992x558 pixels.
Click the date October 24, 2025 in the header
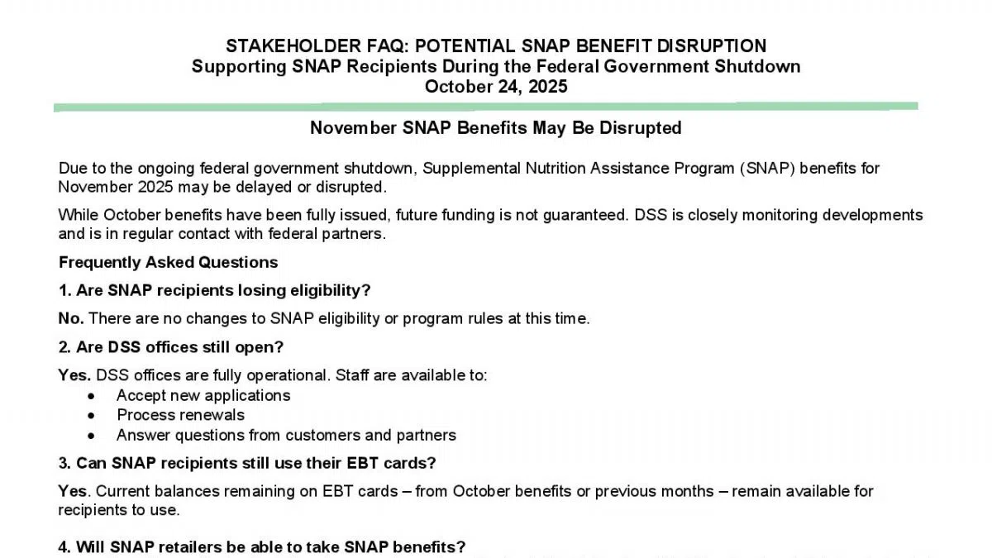coord(496,86)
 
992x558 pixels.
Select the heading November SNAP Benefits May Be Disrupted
coord(496,128)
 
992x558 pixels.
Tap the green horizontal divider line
coord(486,107)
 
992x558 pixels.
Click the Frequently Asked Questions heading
coord(168,262)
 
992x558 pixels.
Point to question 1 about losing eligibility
coord(214,290)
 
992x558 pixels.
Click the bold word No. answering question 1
coord(71,318)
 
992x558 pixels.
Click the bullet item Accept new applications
coord(203,395)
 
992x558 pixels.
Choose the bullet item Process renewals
coord(180,415)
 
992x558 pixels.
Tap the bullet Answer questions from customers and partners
coord(286,435)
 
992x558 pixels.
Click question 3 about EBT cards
coord(247,462)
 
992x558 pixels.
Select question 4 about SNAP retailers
coord(262,547)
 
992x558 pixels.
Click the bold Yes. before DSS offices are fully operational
coord(74,375)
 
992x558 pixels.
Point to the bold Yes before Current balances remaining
coord(72,491)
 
